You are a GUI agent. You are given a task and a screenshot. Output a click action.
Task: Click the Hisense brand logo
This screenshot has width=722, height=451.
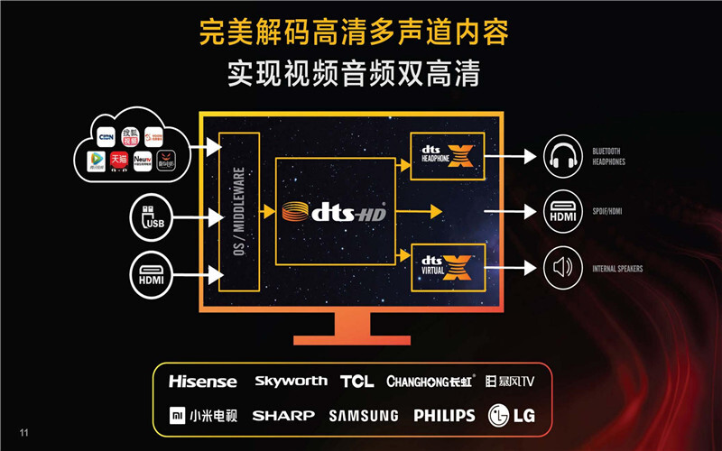point(202,382)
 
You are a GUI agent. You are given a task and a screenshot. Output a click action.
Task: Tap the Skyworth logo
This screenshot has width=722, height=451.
point(291,382)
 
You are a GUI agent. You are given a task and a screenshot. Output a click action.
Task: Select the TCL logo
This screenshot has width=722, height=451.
point(356,382)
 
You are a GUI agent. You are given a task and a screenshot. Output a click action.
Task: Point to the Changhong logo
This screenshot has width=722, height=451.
point(430,382)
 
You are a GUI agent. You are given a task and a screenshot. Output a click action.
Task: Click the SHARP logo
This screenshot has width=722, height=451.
point(283,416)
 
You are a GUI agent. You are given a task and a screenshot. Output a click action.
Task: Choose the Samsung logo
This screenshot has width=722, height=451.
point(363,416)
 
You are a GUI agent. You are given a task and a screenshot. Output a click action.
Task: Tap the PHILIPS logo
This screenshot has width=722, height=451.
point(444,416)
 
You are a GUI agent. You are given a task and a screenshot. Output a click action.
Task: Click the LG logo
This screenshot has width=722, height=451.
point(511,416)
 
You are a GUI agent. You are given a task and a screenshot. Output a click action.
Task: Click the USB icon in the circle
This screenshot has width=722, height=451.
point(154,217)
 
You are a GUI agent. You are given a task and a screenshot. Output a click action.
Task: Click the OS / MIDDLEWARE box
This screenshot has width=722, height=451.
point(238,212)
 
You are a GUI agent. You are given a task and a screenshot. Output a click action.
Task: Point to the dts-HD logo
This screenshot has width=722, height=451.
point(334,213)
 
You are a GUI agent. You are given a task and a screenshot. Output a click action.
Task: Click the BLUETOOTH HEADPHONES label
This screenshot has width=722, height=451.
point(608,158)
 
